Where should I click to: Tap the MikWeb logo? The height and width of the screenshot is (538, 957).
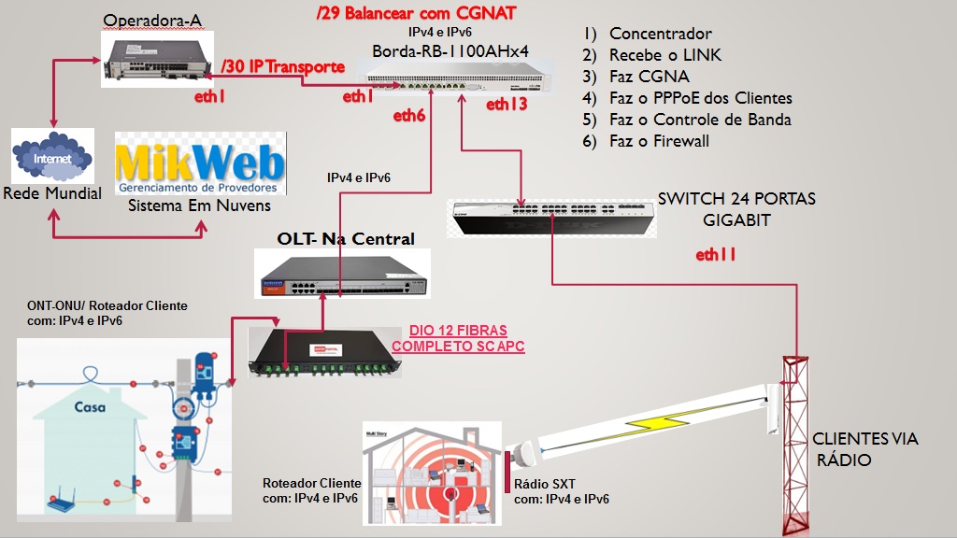click(x=199, y=164)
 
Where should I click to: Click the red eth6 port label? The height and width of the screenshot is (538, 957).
click(x=409, y=116)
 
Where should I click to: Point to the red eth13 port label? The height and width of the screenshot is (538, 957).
click(x=507, y=105)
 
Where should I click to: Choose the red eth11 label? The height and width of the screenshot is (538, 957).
click(x=717, y=254)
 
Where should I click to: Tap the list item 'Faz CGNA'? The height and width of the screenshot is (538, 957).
click(x=649, y=77)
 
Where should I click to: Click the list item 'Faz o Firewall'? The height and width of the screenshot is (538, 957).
click(x=659, y=141)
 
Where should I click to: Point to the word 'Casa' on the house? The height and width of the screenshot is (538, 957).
click(x=90, y=407)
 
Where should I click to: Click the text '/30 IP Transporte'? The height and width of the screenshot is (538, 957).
click(x=284, y=67)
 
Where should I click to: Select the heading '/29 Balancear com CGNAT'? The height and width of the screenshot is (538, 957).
click(x=416, y=14)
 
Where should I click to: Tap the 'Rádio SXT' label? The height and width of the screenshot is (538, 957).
click(x=545, y=484)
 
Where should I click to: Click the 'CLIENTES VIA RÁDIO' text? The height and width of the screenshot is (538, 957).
click(x=864, y=449)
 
